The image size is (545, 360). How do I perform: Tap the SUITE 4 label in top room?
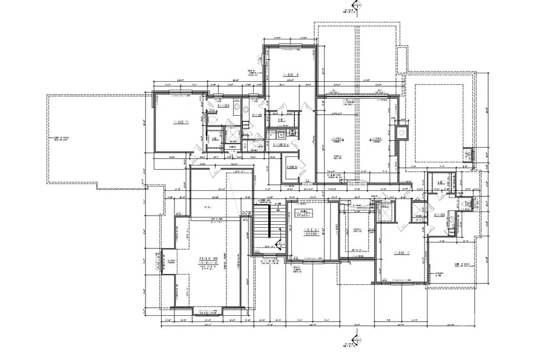[292, 74]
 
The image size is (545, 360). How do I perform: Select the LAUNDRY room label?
[280, 145]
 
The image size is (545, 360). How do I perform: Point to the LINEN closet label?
[291, 167]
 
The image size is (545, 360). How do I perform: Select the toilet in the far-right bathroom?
[452, 219]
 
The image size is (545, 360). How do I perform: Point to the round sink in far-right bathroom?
[466, 205]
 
